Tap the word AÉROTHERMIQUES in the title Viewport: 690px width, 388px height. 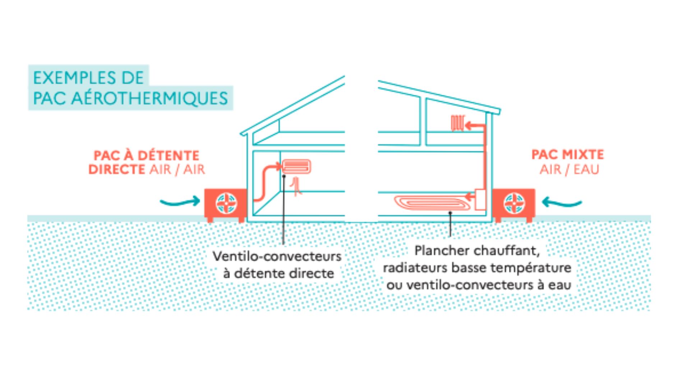coord(149,98)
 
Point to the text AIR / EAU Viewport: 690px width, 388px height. coord(569,169)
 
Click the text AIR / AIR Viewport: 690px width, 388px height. coord(177,169)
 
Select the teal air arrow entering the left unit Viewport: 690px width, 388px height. coord(180,202)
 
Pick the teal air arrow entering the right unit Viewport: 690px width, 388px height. coord(561,203)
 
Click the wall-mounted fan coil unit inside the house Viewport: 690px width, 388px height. coord(296,167)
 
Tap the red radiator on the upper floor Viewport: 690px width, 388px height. coord(457,123)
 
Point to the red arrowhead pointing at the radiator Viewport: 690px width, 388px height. coord(469,126)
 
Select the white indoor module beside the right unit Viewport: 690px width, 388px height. coord(480,199)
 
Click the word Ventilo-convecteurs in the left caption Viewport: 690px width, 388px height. coord(277,257)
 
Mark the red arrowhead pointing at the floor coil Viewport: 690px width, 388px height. coord(469,196)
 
